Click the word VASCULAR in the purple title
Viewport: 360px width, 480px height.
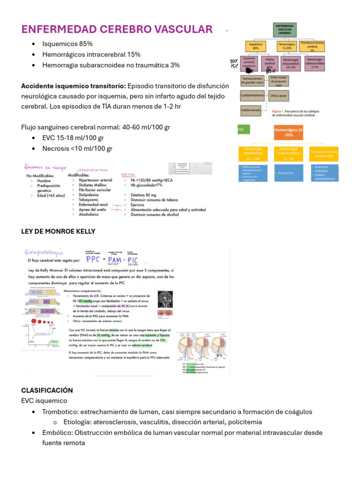pos(181,30)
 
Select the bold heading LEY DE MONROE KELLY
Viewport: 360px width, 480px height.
pos(58,231)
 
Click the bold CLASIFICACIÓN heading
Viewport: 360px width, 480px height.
pos(47,390)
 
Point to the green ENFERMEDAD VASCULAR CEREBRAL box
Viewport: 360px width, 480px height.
pos(285,30)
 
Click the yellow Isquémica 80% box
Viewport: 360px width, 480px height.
pos(255,46)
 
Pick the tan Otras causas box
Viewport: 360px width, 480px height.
pos(279,95)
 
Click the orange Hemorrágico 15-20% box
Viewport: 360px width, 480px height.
pos(288,132)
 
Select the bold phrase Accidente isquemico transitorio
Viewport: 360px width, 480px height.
pos(74,86)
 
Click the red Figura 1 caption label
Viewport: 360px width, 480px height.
pos(280,111)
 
